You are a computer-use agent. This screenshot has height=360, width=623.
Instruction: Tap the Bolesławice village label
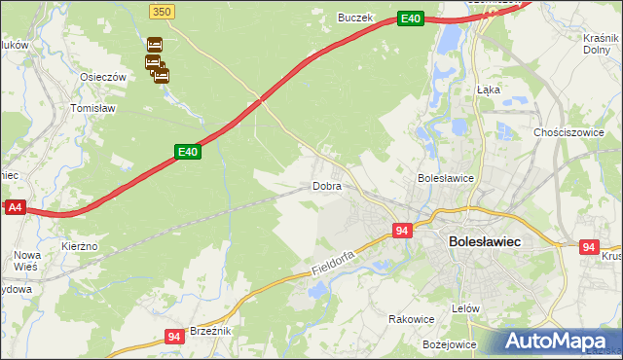point(445,178)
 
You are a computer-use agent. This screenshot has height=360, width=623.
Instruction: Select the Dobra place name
point(326,185)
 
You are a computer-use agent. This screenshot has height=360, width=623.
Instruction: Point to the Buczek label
point(355,18)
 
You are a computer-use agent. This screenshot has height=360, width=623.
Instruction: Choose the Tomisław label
point(93,108)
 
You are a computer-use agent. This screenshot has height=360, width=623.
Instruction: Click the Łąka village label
point(489,89)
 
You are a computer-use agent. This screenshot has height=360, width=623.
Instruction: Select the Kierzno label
point(80,247)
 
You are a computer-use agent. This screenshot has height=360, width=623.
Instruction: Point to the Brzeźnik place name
point(209,331)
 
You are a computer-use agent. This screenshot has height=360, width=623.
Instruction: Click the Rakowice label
point(411,319)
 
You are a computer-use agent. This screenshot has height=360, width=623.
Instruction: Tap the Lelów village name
point(467,308)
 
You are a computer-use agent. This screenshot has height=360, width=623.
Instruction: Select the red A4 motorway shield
point(15,207)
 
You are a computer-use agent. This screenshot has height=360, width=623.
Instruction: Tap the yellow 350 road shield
point(163,10)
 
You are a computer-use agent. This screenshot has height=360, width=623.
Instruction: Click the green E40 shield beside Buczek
point(411,18)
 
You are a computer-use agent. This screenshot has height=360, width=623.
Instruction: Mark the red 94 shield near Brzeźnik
point(174,337)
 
